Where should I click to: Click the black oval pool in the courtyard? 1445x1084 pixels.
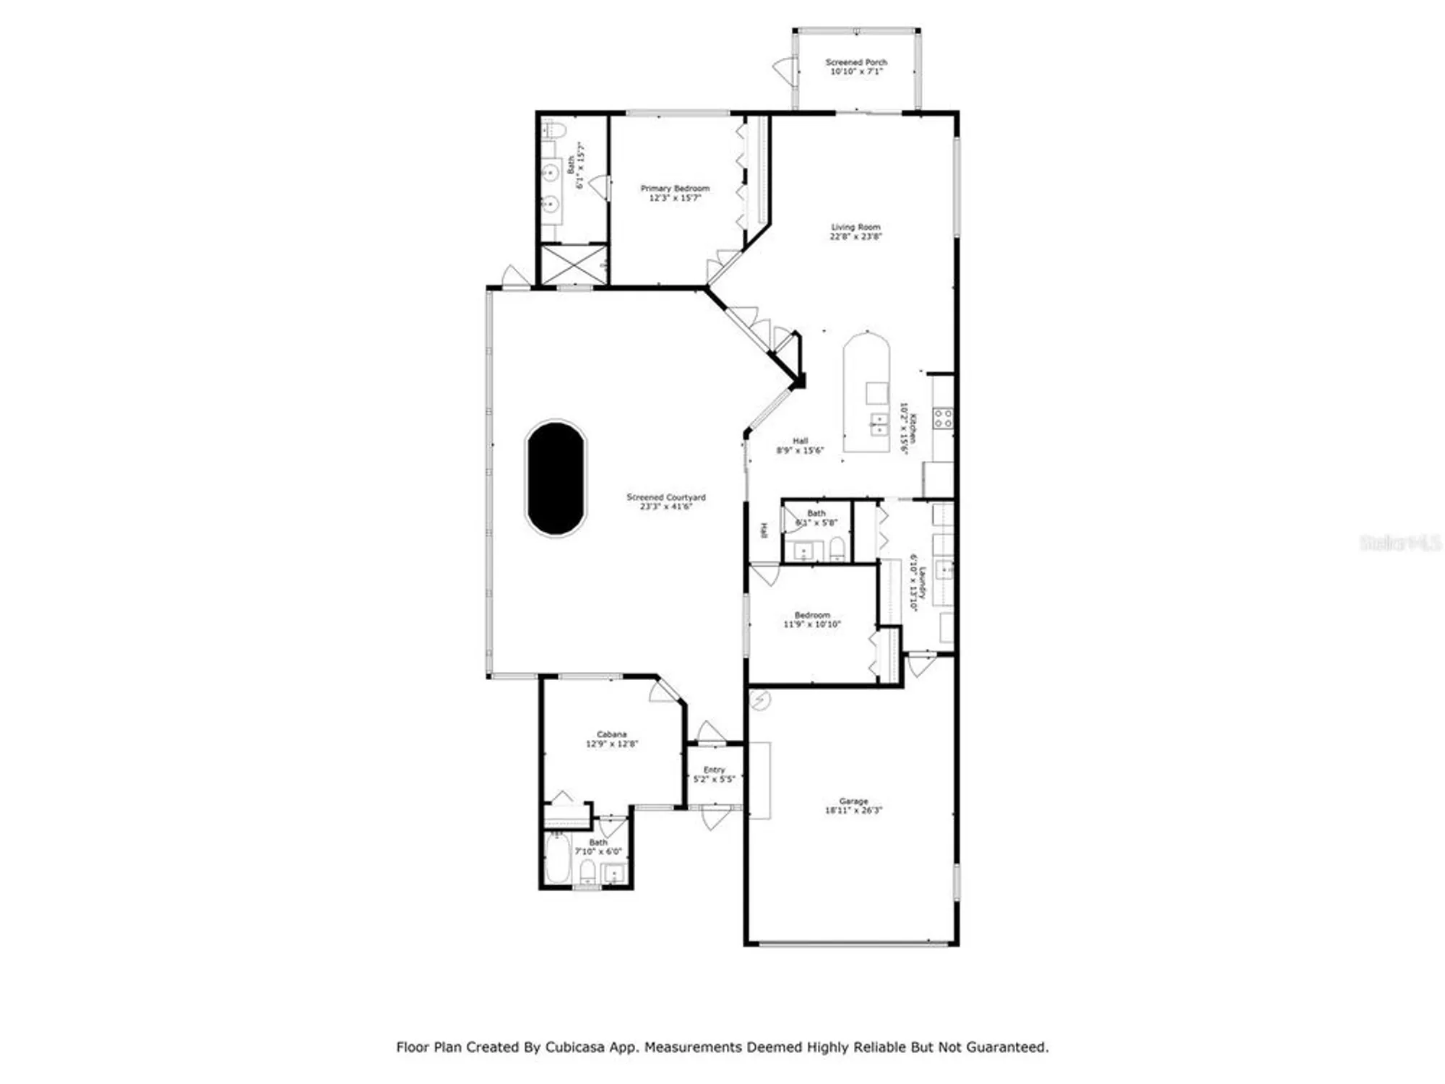[x=556, y=478]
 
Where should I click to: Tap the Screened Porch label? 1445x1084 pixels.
[x=856, y=63]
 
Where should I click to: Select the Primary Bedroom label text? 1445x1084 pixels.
[x=675, y=189]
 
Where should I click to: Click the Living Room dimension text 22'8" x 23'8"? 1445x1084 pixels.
[x=855, y=236]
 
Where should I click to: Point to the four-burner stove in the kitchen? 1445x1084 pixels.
[x=943, y=418]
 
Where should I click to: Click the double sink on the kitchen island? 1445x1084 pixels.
[x=879, y=424]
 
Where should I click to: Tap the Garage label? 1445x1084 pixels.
[x=853, y=801]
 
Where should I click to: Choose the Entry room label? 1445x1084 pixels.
[x=714, y=770]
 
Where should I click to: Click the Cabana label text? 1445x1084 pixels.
[x=611, y=734]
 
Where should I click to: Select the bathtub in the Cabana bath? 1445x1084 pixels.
[x=557, y=859]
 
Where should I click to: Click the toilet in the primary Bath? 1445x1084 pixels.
[x=554, y=131]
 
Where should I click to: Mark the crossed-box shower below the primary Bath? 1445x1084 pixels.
[x=574, y=264]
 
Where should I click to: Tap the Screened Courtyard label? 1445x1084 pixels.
[x=665, y=497]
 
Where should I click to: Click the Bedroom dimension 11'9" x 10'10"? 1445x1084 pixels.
[x=812, y=624]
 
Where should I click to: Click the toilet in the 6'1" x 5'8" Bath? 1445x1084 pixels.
[x=837, y=548]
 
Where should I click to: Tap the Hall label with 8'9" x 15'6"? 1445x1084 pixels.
[x=800, y=441]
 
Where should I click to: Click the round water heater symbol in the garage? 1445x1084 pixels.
[x=760, y=699]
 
